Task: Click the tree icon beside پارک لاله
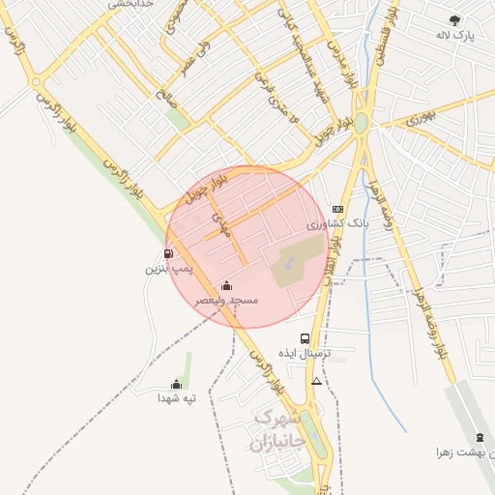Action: coord(454,20)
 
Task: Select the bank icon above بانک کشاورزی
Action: coord(336,209)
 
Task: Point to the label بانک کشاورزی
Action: coord(337,224)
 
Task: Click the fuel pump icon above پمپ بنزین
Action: coord(169,254)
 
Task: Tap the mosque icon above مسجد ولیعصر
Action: coord(226,285)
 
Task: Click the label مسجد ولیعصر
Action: coord(227,301)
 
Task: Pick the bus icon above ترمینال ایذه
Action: coord(306,338)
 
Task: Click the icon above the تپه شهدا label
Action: coord(176,384)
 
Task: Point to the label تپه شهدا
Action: coord(177,398)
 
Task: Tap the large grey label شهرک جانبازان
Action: coord(277,431)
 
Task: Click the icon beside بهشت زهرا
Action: coord(480,438)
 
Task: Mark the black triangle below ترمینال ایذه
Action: coord(316,381)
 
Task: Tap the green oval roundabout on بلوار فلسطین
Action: coord(361,124)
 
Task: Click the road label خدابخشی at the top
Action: coord(124,4)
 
